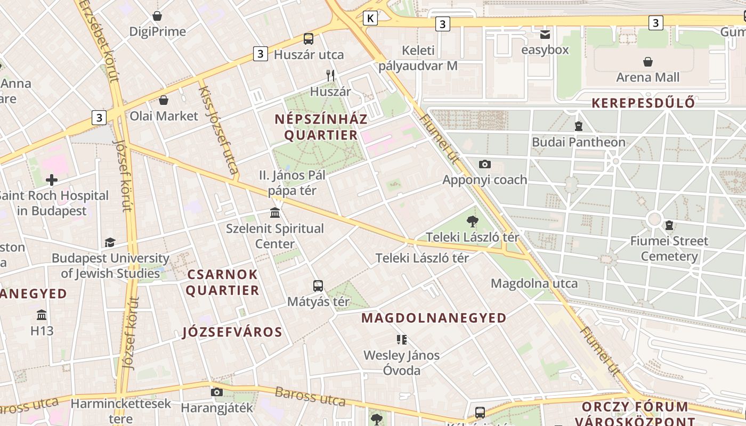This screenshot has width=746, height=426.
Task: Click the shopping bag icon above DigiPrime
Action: (157, 16)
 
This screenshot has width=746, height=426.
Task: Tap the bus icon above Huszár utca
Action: (309, 38)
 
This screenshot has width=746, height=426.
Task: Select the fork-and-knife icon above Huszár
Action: (330, 76)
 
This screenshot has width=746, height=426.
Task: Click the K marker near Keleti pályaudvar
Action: (370, 19)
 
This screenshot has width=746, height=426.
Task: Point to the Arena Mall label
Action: (647, 78)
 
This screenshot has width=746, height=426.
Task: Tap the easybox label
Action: (545, 50)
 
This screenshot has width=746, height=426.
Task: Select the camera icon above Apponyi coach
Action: (484, 164)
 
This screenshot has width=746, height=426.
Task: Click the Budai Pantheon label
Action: (578, 142)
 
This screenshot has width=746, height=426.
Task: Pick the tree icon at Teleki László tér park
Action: (472, 222)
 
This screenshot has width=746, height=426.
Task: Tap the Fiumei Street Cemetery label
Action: (669, 249)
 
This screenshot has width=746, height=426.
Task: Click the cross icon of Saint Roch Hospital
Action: (52, 180)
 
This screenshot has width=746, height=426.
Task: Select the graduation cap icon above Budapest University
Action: (110, 243)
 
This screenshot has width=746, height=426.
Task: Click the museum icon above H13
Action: (42, 315)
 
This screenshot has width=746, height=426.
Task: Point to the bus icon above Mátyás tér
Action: (318, 286)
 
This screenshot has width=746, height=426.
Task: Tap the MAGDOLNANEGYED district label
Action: (434, 318)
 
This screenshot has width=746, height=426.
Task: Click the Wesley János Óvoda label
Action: (402, 363)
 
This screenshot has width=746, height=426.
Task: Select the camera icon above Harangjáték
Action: (216, 392)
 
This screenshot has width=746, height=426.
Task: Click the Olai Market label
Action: (164, 116)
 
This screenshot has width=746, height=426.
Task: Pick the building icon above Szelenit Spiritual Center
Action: (275, 213)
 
